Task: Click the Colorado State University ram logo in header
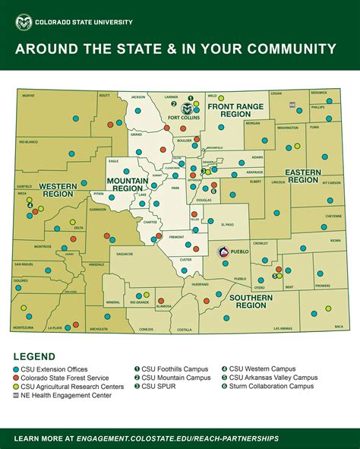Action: tap(24, 22)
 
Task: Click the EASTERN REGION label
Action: tap(302, 176)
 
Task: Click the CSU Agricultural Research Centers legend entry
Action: tap(71, 387)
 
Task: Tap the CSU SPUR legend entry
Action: tap(156, 387)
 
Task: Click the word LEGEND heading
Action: tap(34, 356)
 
